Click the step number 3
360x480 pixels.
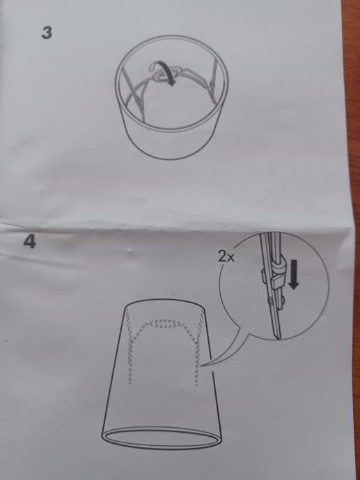47,33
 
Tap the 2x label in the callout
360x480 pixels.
226,257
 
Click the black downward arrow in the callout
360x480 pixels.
294,274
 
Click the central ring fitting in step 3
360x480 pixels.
164,76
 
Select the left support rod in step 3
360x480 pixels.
133,92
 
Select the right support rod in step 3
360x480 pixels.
212,75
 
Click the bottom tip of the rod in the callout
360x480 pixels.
279,338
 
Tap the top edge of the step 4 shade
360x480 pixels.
164,299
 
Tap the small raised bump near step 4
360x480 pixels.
131,253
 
